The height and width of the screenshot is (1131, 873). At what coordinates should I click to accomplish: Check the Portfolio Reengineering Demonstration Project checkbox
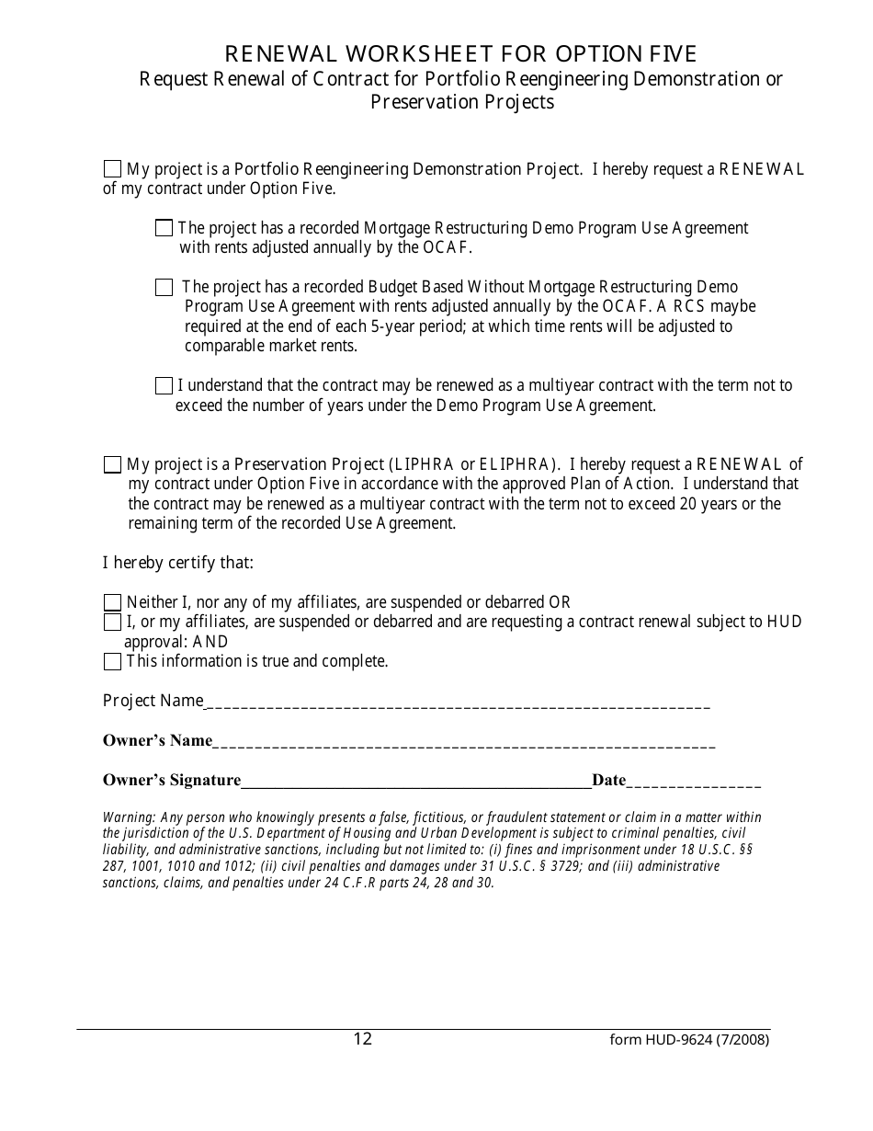[x=112, y=169]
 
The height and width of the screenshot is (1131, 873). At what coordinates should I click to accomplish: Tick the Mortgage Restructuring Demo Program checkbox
[x=164, y=228]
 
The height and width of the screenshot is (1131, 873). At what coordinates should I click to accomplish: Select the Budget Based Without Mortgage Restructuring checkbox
[x=164, y=288]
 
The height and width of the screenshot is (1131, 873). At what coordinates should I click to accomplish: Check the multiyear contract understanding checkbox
[x=164, y=386]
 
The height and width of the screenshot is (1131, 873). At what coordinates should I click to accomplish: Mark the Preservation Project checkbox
[x=112, y=464]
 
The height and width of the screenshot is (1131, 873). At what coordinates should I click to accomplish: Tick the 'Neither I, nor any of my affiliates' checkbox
[x=112, y=603]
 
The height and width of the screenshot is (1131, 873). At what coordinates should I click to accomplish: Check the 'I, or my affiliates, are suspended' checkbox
[x=112, y=623]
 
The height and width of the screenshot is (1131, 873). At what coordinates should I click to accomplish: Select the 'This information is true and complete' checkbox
[x=112, y=662]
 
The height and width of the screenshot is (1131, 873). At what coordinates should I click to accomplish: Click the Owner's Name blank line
[x=464, y=743]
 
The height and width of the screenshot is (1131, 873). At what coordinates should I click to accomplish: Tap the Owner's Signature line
[x=416, y=783]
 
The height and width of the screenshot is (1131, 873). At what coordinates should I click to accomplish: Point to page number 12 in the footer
[x=363, y=1039]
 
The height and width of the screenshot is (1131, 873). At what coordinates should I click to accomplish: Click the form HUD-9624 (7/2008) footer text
[x=689, y=1041]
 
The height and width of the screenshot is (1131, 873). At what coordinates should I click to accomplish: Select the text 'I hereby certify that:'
[x=177, y=563]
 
